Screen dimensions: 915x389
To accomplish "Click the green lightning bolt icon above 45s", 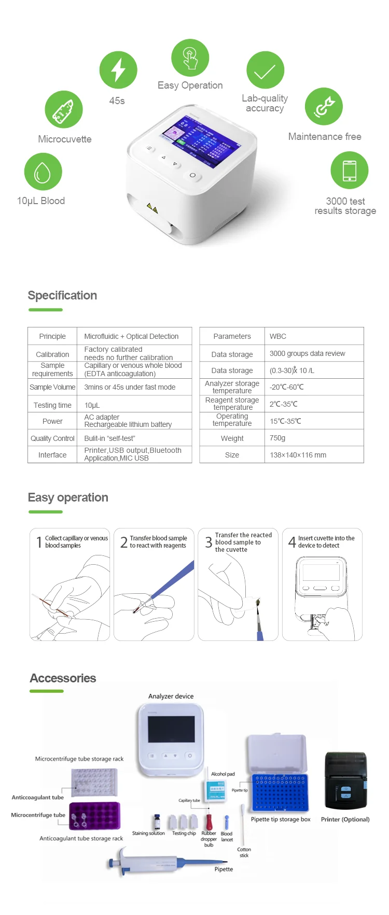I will (118, 70).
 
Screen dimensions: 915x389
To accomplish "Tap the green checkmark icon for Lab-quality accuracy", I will (265, 70).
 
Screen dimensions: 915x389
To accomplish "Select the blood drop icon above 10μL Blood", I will (43, 172).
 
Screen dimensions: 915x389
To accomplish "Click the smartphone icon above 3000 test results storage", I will (350, 170).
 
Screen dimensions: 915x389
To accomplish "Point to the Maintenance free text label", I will (325, 137).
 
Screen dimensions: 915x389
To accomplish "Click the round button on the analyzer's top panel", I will (192, 175).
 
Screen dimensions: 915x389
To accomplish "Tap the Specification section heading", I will (62, 295).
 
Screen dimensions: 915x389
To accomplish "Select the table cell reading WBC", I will (278, 336).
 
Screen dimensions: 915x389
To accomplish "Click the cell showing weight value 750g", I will (277, 438).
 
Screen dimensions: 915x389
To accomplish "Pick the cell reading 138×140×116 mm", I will (298, 455).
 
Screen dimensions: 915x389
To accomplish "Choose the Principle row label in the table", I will (52, 336).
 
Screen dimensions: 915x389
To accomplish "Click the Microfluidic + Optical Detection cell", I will (131, 336).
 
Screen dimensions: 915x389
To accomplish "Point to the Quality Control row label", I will (52, 438).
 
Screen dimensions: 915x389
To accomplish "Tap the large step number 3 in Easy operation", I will (209, 542).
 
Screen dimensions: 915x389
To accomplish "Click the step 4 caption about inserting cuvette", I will (326, 542).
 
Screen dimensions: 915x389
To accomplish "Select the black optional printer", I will (345, 781).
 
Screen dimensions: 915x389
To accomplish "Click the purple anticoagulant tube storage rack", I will (95, 816).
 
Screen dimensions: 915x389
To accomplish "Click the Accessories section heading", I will (63, 678).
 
